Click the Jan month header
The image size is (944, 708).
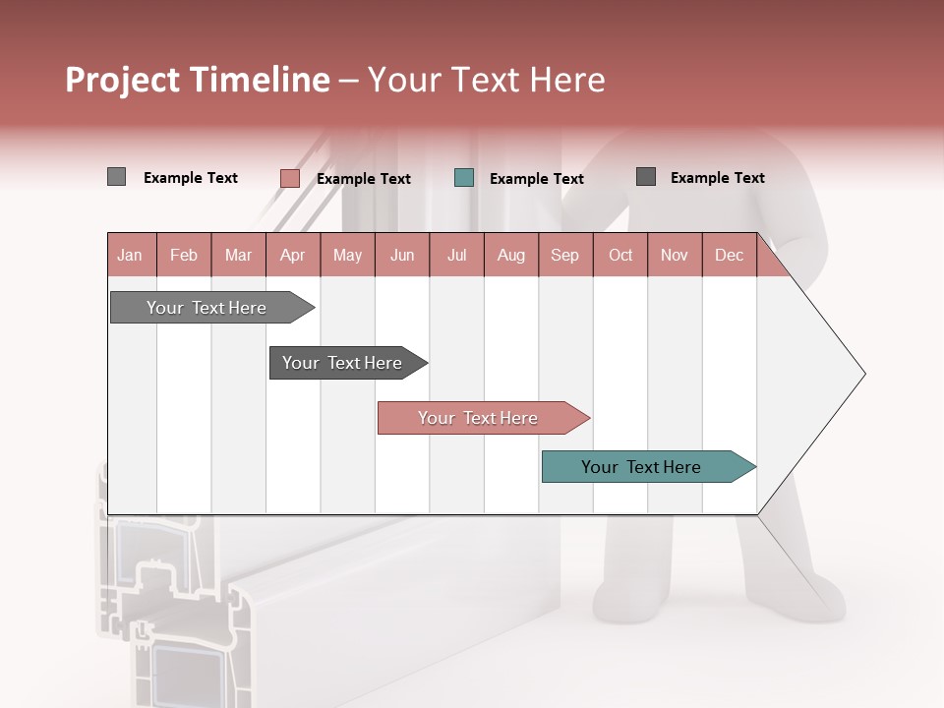click(130, 255)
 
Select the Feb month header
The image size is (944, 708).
click(184, 255)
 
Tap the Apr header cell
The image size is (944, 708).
click(292, 255)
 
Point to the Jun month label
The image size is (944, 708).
click(402, 255)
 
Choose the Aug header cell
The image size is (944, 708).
click(511, 255)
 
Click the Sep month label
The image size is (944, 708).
click(565, 255)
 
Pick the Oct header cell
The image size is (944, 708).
click(620, 255)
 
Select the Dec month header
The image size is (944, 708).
click(729, 255)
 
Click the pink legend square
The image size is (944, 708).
click(289, 178)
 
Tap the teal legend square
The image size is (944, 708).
click(464, 178)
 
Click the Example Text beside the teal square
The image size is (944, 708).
click(537, 179)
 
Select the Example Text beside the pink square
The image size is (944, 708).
click(364, 179)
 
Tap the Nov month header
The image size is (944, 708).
click(675, 255)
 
